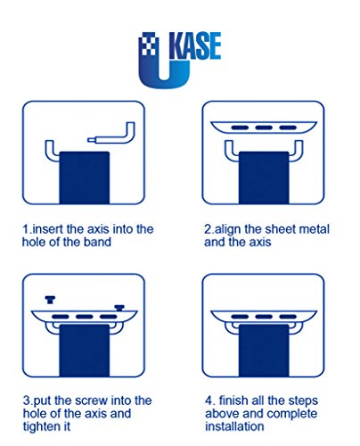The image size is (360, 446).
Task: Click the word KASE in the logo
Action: pyautogui.click(x=195, y=45)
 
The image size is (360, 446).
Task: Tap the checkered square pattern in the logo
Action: pyautogui.click(x=148, y=44)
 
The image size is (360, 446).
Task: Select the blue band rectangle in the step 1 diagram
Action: pyautogui.click(x=85, y=178)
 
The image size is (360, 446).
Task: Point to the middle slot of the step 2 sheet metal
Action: pyautogui.click(x=264, y=128)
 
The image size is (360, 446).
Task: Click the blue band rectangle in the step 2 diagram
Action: pyautogui.click(x=264, y=178)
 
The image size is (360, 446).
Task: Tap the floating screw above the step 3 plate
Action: pyautogui.click(x=50, y=300)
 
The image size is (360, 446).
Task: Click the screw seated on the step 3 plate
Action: pyautogui.click(x=119, y=308)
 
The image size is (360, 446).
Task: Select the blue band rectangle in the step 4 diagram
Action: pyautogui.click(x=264, y=351)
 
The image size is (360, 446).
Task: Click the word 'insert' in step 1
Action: pyautogui.click(x=47, y=229)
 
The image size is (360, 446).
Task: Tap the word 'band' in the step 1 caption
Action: pyautogui.click(x=97, y=242)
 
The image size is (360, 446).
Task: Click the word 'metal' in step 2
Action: pyautogui.click(x=315, y=229)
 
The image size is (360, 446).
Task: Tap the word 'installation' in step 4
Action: pyautogui.click(x=234, y=426)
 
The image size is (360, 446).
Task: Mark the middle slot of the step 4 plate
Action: pyautogui.click(x=264, y=317)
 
